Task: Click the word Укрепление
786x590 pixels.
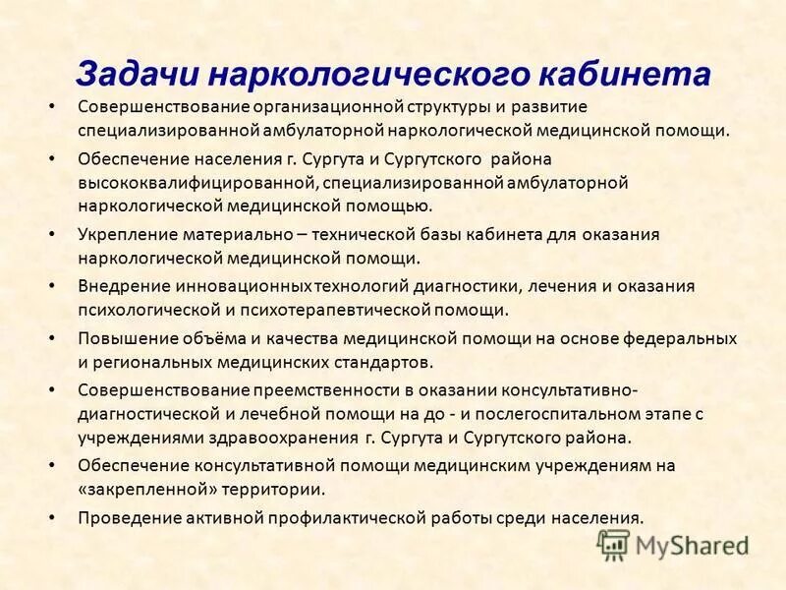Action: point(124,234)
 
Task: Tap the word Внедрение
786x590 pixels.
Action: point(122,286)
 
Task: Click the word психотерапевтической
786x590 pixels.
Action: point(364,310)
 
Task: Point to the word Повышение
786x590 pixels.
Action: point(125,337)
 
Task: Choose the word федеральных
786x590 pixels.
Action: point(680,337)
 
